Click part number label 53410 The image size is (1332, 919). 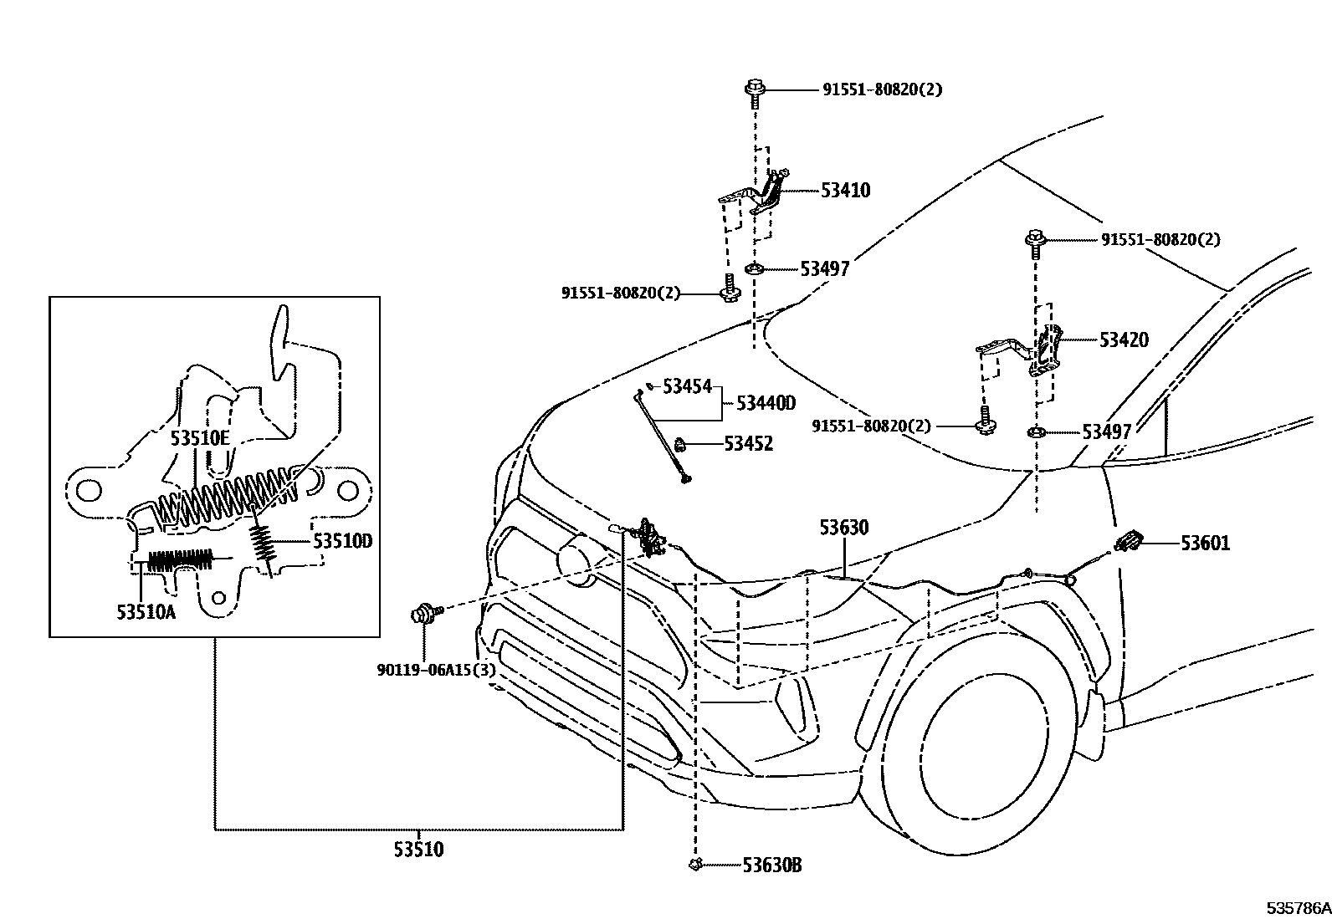pos(845,191)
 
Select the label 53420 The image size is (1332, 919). pos(1124,340)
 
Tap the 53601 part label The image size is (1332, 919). pos(1205,544)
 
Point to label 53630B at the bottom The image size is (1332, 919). pos(771,865)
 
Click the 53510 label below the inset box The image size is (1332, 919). pos(418,850)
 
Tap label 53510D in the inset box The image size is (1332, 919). pos(343,541)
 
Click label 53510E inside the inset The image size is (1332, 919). pos(199,437)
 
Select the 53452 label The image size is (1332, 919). pos(748,444)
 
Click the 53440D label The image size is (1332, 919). pos(766,403)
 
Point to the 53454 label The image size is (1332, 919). pos(687,386)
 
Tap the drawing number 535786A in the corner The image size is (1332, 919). pos(1298,908)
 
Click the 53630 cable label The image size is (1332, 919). pos(843,528)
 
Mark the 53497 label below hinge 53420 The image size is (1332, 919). pos(1106,432)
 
